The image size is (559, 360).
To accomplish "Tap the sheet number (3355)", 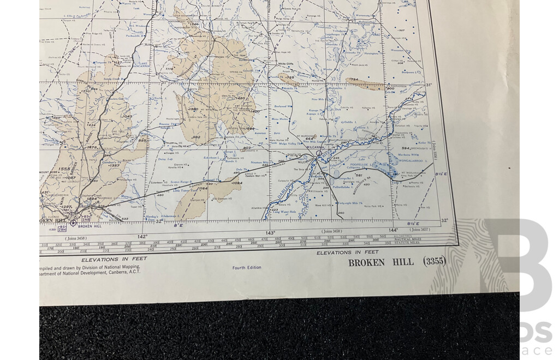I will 434,261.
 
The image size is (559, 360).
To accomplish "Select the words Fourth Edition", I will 247,268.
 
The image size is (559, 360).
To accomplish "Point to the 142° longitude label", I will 142,236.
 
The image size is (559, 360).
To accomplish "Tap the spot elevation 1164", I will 203,189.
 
